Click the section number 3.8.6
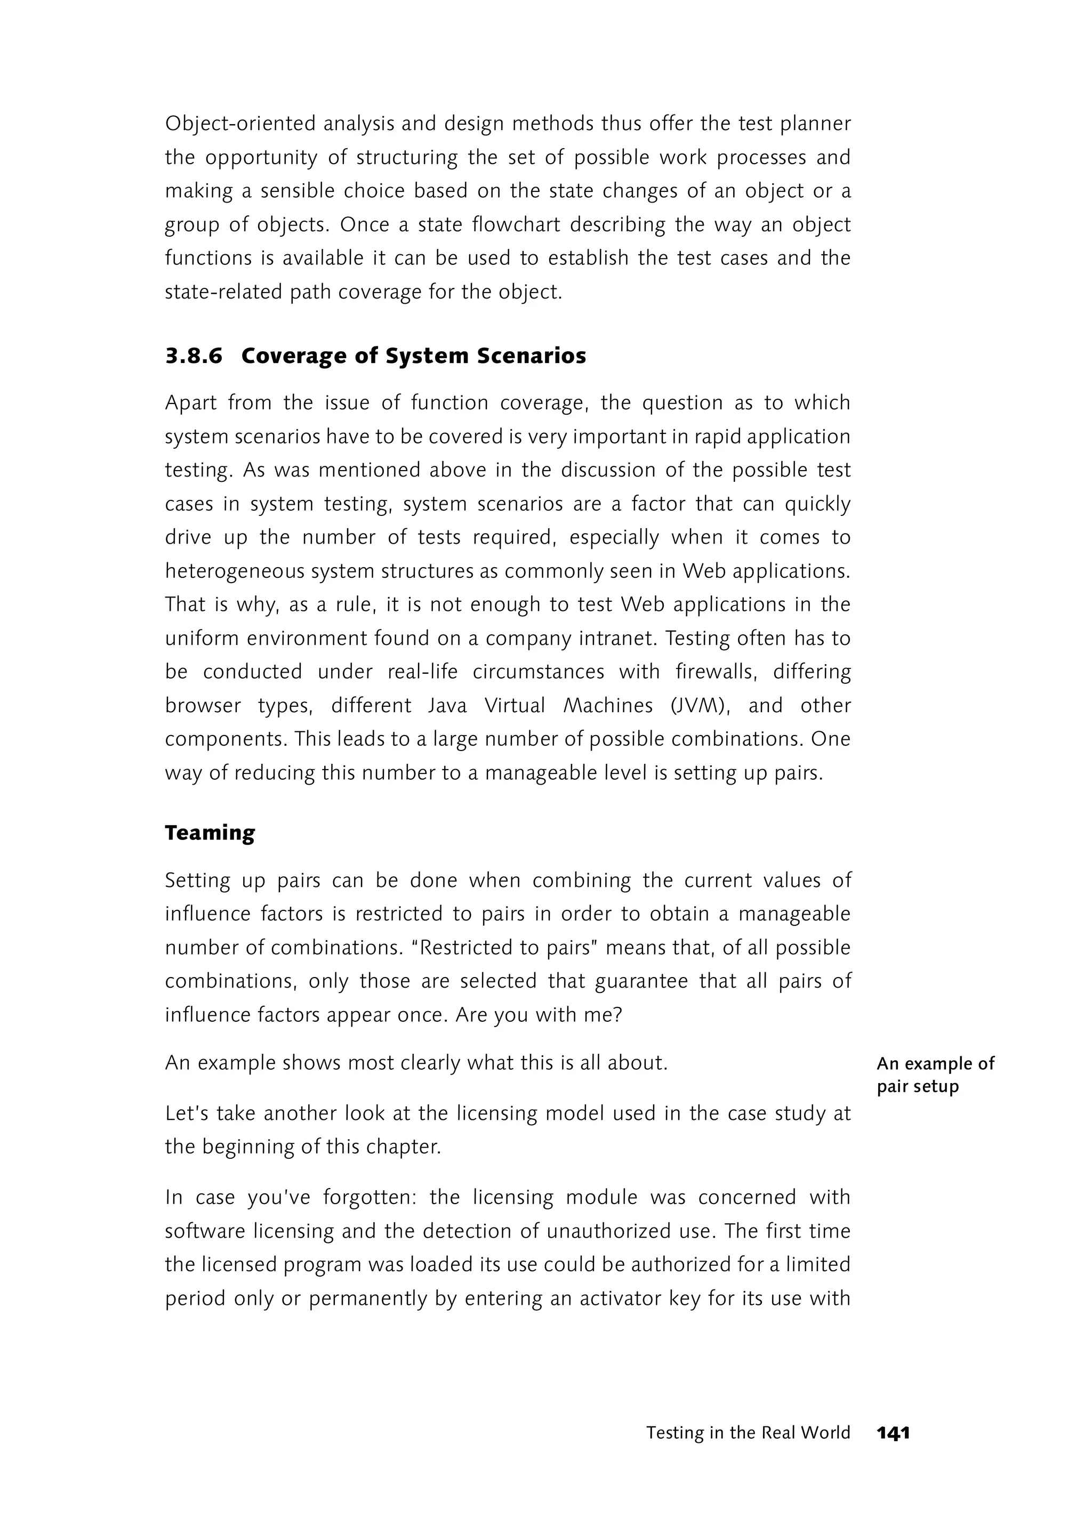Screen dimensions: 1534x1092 (x=194, y=356)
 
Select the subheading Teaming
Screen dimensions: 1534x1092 (x=210, y=833)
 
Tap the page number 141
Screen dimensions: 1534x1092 (x=893, y=1433)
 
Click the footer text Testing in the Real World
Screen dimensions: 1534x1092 (x=748, y=1433)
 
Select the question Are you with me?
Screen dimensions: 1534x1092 (x=539, y=1014)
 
